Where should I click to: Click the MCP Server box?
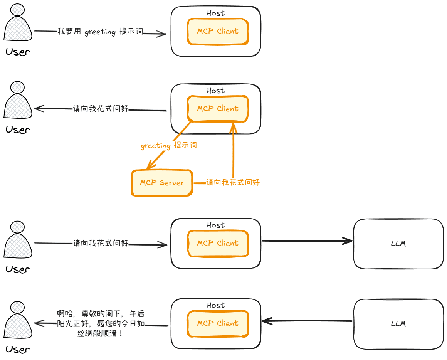tap(161, 183)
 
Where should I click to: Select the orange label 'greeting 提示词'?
tap(169, 146)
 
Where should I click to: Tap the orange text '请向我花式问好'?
tap(233, 182)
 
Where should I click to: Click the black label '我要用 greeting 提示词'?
tap(100, 32)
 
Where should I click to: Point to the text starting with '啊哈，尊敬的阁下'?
tap(101, 324)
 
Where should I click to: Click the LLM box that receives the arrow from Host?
tap(398, 244)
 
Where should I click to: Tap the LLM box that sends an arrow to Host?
tap(398, 324)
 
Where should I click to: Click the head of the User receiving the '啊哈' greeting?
tap(18, 307)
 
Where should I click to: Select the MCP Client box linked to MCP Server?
tap(218, 109)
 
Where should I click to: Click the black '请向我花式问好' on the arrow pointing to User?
tap(101, 109)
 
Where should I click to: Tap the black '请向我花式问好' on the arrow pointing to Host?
tap(101, 244)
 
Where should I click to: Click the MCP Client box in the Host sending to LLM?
tap(218, 243)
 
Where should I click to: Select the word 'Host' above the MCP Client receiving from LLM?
tap(215, 305)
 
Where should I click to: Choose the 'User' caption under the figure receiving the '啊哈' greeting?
tap(18, 350)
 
